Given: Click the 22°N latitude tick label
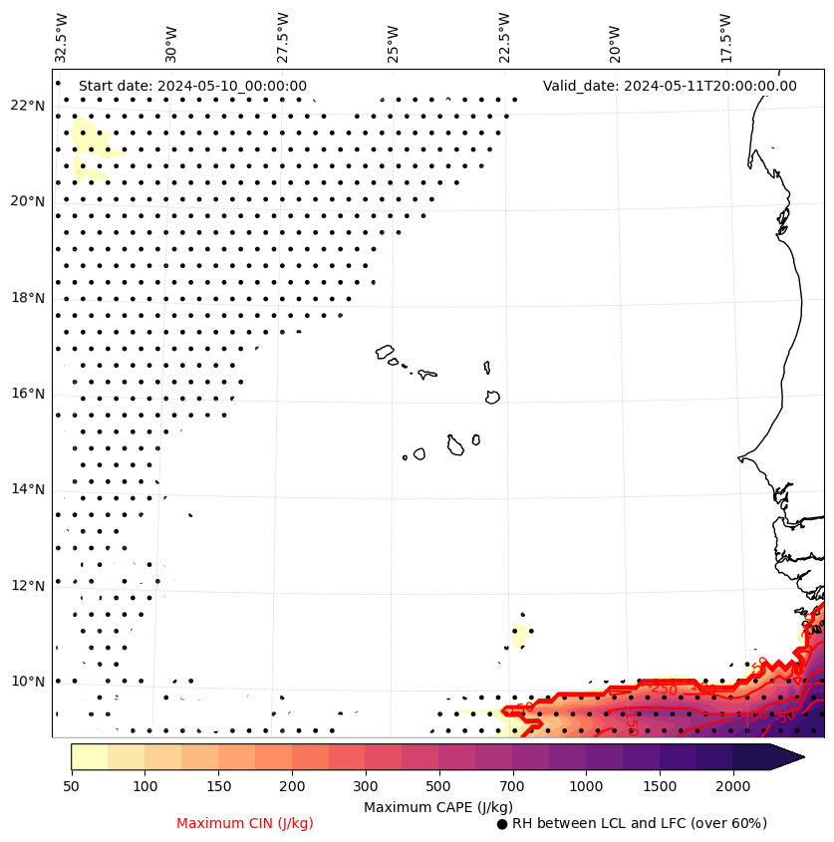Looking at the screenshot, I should (x=28, y=106).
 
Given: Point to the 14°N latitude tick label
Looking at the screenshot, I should (x=28, y=489).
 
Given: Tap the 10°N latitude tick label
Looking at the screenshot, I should (x=28, y=682).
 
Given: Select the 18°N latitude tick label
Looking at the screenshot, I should (x=28, y=298).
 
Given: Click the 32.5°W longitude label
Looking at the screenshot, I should (x=63, y=38).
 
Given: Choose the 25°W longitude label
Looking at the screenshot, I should (x=393, y=43).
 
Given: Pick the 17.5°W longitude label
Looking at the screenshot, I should (x=725, y=38).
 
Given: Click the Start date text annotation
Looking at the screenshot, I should (x=192, y=86).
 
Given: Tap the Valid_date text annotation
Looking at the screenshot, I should (x=670, y=86).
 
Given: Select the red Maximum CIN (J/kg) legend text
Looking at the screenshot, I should (x=245, y=823).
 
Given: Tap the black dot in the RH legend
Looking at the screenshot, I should (x=502, y=824).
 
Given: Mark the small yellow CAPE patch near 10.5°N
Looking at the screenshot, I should (x=519, y=635).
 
